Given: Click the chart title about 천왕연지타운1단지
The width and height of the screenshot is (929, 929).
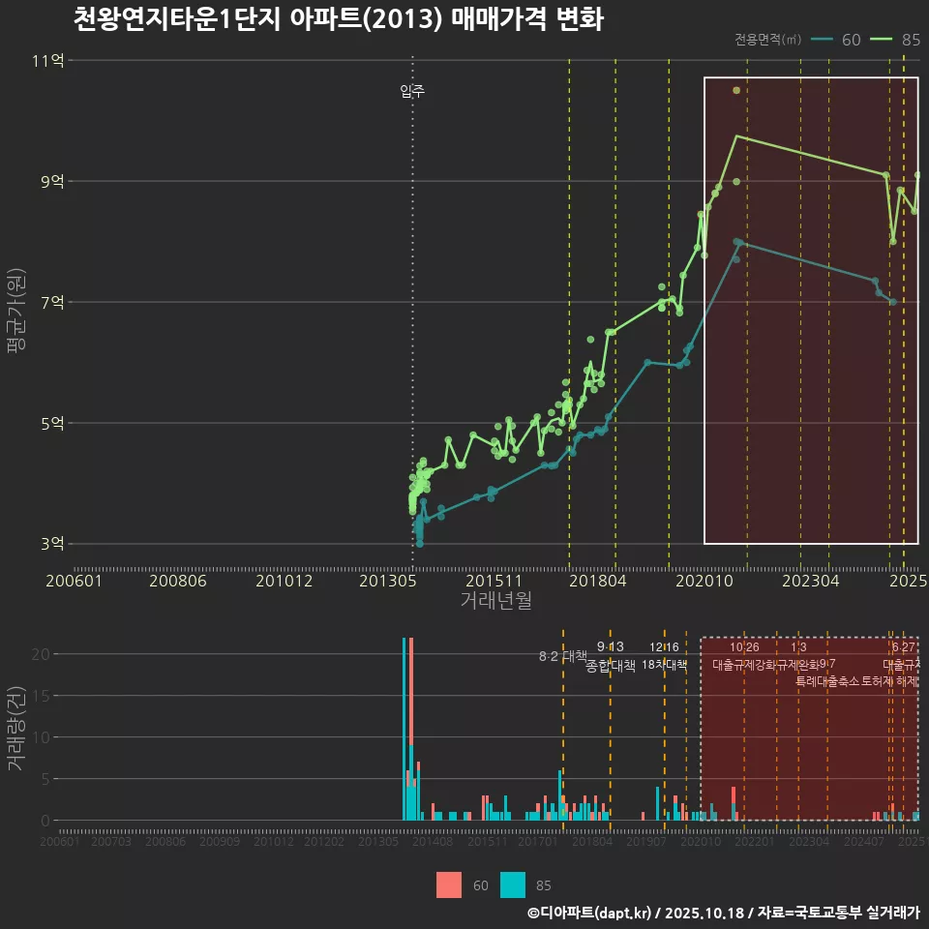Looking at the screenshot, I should [338, 19].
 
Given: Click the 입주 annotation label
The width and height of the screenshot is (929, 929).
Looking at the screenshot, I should [412, 92].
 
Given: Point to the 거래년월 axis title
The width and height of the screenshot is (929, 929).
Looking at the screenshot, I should [495, 601].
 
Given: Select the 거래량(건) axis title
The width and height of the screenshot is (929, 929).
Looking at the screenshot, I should [16, 728].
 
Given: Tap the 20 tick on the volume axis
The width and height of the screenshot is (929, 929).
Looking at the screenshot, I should [40, 654].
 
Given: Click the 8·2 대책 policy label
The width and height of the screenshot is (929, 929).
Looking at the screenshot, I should [562, 656].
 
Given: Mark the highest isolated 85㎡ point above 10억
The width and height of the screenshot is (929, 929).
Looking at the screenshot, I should [736, 90].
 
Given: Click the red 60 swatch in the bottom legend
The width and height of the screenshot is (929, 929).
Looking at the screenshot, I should [449, 884].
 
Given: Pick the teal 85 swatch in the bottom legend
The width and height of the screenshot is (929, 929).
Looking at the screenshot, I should [513, 884].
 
